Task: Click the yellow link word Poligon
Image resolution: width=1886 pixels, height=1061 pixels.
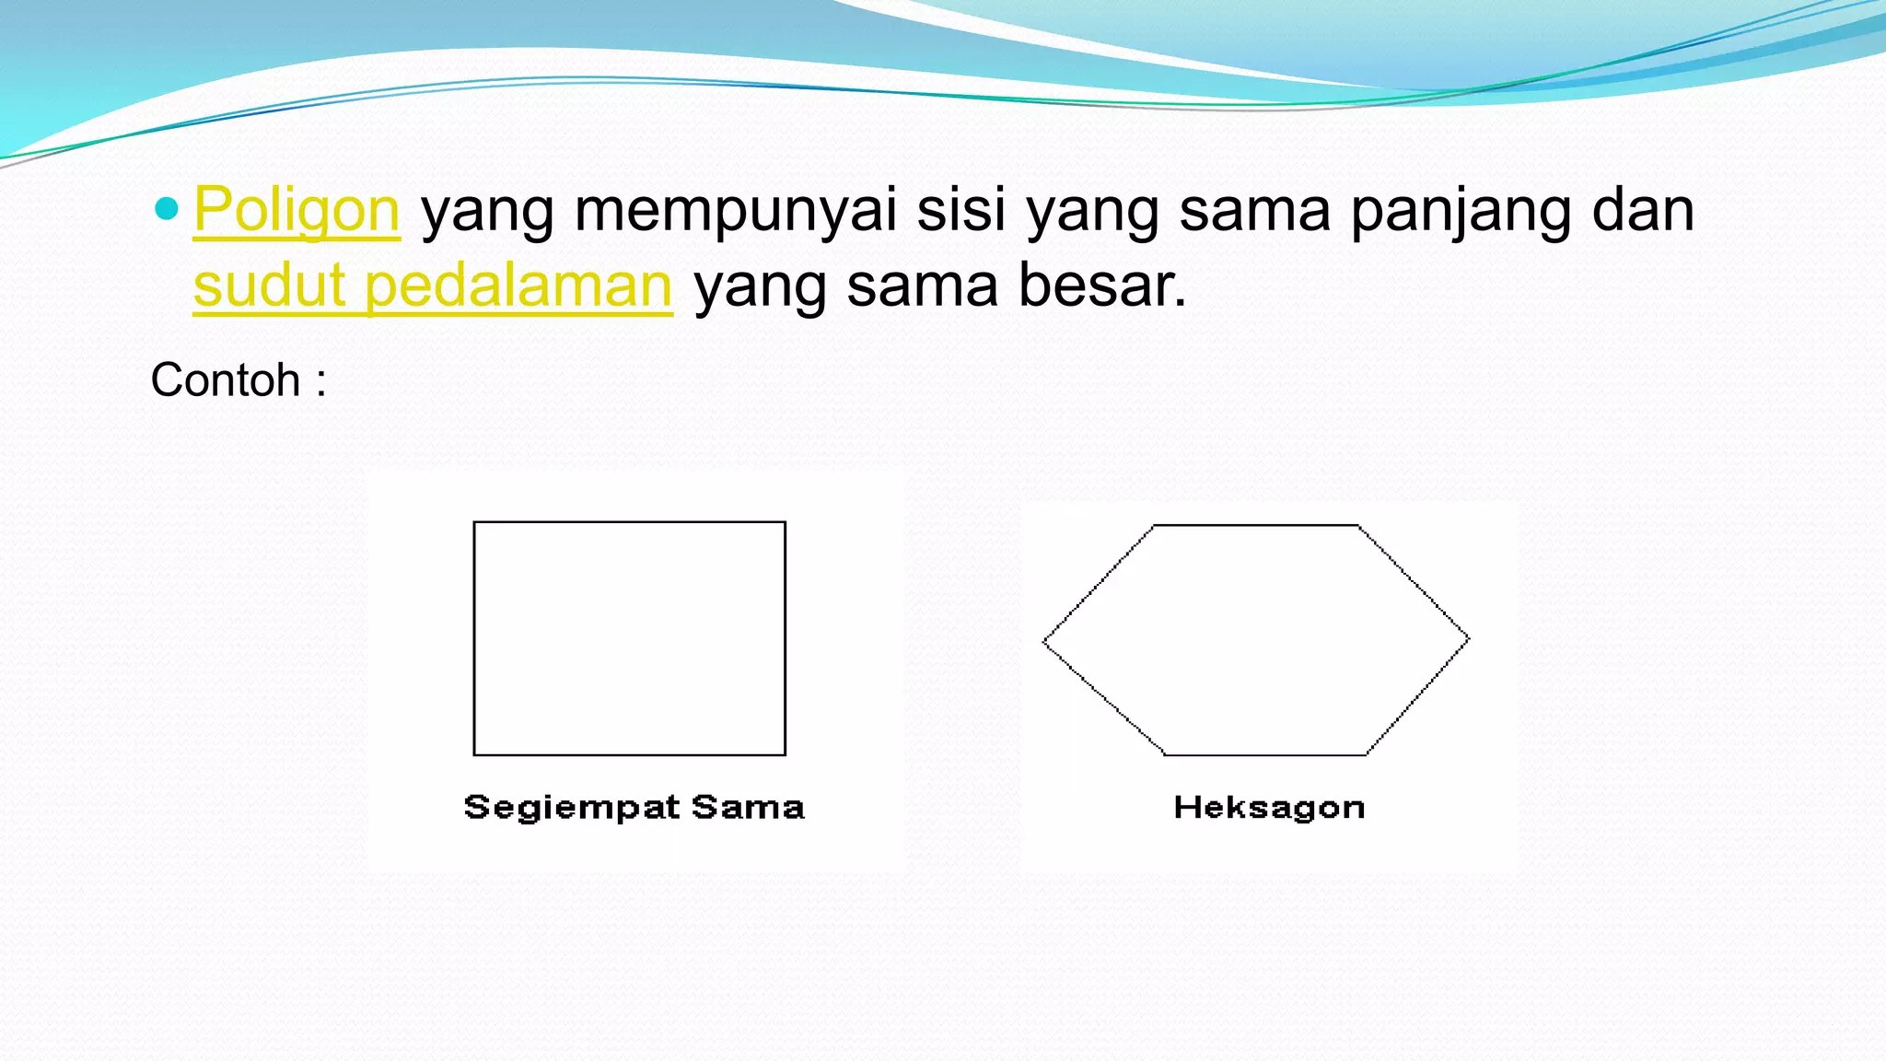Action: (297, 210)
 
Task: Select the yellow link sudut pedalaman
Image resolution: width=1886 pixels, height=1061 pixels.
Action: (433, 286)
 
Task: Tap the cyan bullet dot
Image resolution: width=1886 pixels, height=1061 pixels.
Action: (167, 209)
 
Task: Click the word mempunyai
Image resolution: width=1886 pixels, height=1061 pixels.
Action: (735, 210)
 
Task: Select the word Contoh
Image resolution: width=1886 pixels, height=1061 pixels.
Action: (226, 379)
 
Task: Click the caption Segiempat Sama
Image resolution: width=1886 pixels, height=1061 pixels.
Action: (634, 808)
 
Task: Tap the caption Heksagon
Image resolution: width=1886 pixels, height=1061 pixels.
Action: (1269, 808)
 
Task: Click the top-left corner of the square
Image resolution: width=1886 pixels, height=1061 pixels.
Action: (474, 522)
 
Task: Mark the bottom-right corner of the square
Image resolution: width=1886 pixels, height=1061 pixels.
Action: (785, 754)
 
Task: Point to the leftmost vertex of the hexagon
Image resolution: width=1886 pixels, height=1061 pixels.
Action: (1043, 641)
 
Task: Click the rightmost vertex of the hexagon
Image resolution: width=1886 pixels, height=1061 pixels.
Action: (1469, 638)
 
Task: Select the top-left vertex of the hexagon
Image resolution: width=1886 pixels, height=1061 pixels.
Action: (1154, 526)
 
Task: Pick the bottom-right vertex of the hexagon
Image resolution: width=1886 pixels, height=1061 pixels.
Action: (1367, 754)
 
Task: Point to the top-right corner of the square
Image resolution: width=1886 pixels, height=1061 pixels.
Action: (785, 522)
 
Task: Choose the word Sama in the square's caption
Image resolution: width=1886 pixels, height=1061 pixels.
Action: (748, 808)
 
